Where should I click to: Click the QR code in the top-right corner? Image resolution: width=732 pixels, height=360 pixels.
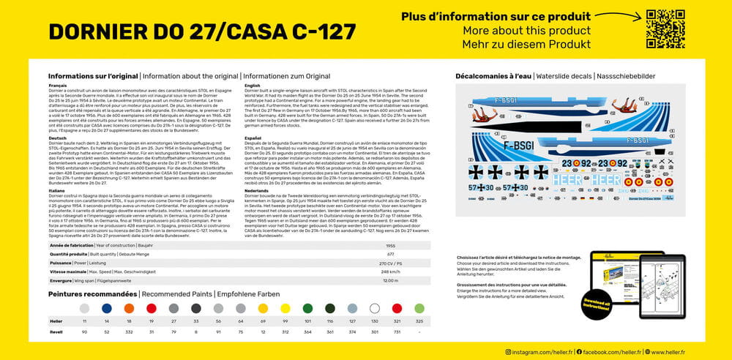(665, 29)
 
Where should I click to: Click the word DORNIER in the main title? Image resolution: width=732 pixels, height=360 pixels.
(107, 31)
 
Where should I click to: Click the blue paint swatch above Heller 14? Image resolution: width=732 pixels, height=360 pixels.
(107, 309)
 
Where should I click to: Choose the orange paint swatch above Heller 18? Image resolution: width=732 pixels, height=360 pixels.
(129, 309)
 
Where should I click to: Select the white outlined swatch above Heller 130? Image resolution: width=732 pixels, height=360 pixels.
(375, 309)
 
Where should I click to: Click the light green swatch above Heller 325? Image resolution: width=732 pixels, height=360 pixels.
(419, 309)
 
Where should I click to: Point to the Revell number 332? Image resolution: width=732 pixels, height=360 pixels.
(129, 331)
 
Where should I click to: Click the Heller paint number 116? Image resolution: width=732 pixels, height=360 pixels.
(330, 321)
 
